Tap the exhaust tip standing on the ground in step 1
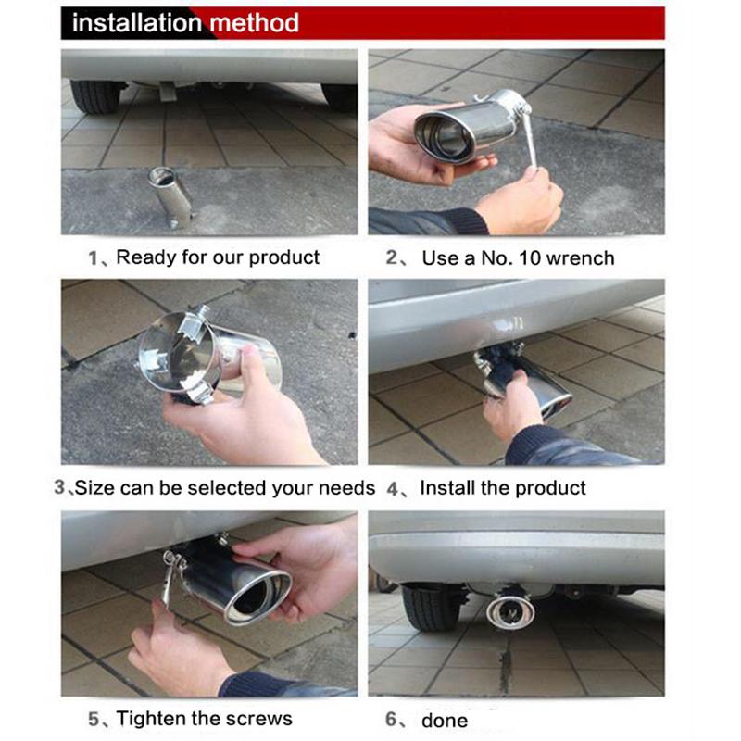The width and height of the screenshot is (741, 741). [172, 195]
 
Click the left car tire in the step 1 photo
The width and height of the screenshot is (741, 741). [95, 94]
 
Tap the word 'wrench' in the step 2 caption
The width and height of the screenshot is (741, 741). [580, 258]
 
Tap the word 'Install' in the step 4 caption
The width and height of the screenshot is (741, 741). [446, 487]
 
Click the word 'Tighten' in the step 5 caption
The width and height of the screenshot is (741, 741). [155, 718]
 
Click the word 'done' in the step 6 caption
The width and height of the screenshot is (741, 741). [445, 720]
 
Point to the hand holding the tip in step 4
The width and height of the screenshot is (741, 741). [511, 408]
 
